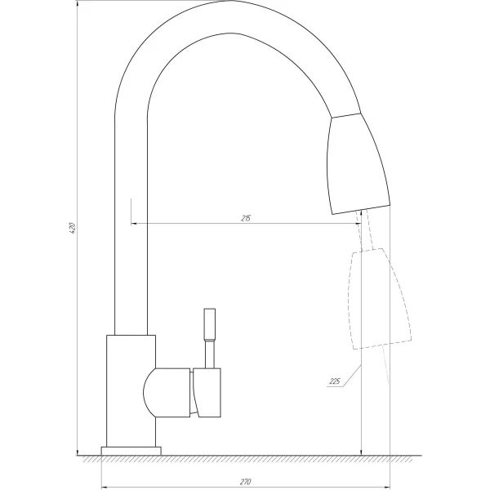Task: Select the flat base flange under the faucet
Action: tap(131, 450)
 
